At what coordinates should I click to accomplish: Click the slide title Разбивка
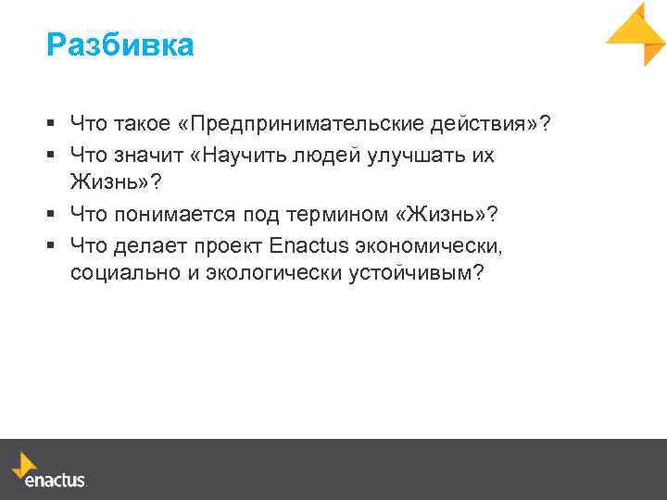tap(120, 44)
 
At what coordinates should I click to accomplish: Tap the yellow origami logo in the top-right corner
tap(636, 33)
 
